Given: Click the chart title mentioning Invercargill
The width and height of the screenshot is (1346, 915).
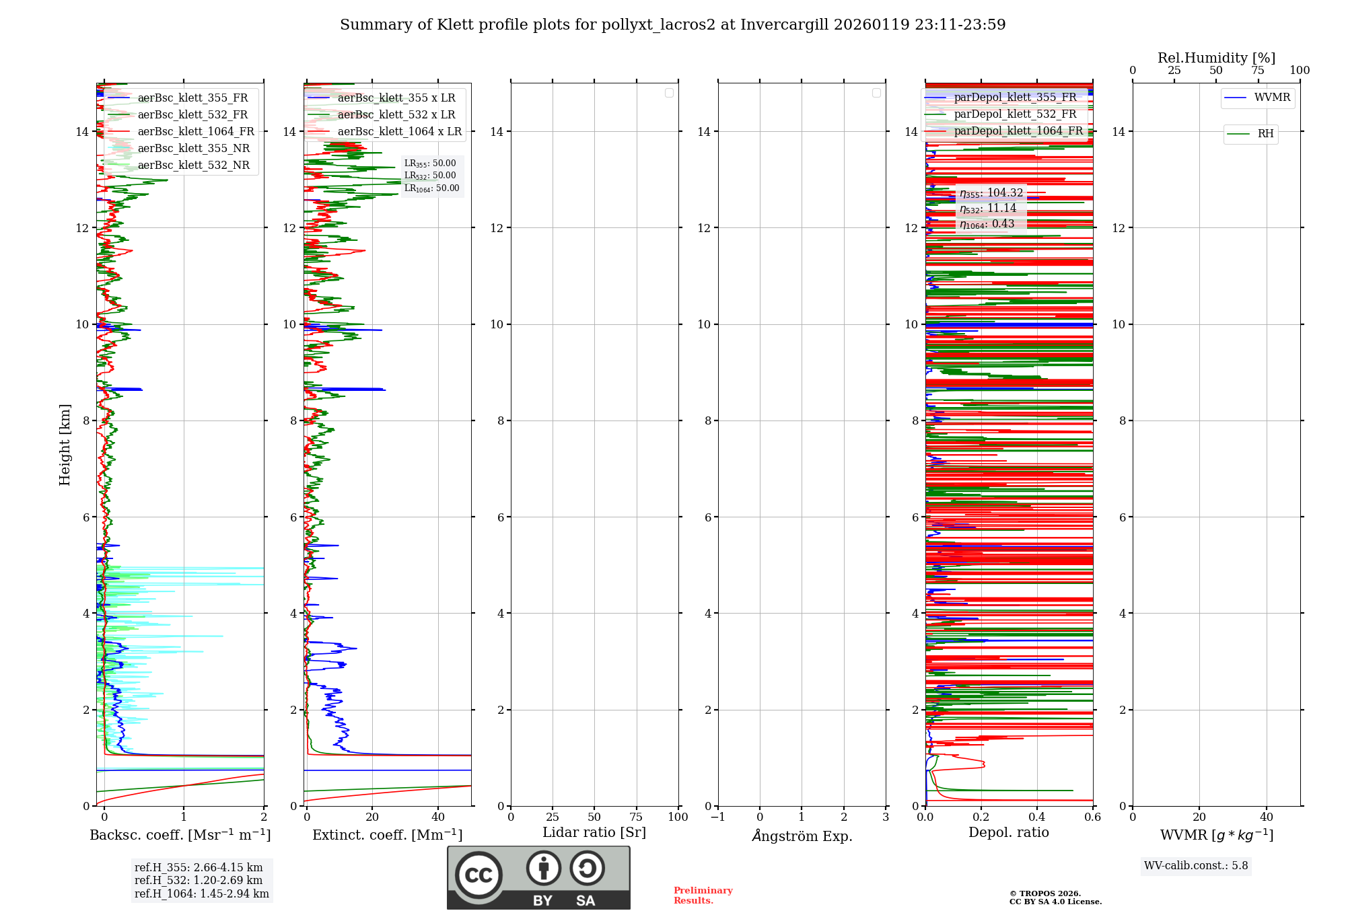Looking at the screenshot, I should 672,25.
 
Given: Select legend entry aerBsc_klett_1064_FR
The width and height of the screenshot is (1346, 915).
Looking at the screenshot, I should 195,132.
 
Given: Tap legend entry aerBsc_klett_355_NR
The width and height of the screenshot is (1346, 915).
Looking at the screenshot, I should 193,149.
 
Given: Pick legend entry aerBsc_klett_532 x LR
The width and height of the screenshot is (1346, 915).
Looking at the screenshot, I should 396,115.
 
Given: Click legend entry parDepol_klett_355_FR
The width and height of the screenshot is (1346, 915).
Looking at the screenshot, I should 1015,98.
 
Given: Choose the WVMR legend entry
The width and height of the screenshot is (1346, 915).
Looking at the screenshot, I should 1271,98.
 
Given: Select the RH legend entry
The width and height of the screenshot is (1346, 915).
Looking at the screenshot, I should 1265,134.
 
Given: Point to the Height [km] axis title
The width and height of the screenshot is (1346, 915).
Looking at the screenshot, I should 65,445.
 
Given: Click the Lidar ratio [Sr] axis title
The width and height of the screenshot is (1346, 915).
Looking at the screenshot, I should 594,833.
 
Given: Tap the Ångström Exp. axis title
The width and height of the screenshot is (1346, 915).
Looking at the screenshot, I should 802,836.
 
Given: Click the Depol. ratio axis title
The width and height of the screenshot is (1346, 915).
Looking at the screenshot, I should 1008,833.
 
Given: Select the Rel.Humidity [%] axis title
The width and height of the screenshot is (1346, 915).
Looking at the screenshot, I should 1216,59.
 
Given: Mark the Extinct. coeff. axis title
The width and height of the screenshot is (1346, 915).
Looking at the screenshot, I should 387,836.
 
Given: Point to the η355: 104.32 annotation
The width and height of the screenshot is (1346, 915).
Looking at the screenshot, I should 991,193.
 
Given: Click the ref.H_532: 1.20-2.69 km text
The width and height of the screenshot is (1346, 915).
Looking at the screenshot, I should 199,881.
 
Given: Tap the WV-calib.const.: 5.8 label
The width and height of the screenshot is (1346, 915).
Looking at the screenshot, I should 1196,866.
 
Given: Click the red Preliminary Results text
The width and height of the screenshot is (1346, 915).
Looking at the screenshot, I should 703,895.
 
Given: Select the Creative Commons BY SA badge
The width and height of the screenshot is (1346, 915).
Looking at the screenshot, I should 538,877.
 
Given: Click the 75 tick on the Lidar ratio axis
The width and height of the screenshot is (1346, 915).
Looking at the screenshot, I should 636,817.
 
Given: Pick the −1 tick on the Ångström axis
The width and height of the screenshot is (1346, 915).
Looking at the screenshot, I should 718,817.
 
